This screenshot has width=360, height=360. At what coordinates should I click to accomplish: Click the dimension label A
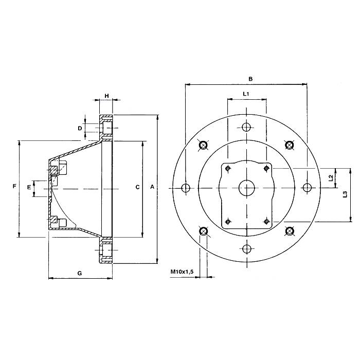[152, 188]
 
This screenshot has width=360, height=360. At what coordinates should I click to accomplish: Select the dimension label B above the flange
[250, 79]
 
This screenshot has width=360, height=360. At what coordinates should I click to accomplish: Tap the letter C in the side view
[137, 188]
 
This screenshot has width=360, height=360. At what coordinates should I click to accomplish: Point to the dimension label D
[80, 128]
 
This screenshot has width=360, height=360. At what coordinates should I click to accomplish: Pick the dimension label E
[29, 188]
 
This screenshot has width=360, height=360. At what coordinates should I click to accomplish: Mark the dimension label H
[106, 96]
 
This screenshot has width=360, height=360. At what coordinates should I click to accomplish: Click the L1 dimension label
[246, 95]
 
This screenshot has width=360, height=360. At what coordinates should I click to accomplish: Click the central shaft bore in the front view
[247, 188]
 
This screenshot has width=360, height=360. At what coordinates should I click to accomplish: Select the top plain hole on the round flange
[247, 128]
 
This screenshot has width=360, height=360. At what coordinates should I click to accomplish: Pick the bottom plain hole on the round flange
[247, 249]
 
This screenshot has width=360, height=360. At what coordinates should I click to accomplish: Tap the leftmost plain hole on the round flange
[186, 188]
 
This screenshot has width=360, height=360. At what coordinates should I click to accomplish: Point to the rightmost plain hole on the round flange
[308, 188]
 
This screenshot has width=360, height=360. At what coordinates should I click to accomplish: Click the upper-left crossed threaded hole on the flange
[203, 146]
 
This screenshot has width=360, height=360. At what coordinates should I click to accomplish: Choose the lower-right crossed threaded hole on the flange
[290, 231]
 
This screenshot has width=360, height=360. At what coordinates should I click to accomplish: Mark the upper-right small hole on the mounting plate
[266, 168]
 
